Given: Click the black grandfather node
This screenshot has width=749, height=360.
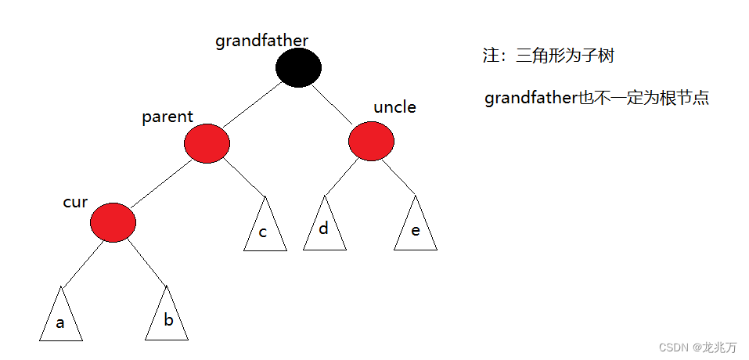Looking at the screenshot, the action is coord(298,67).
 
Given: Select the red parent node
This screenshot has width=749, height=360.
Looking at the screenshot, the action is coord(207,143).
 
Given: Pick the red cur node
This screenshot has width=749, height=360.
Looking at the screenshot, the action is coord(113,222).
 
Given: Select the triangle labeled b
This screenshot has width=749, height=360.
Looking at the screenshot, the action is coord(167,317).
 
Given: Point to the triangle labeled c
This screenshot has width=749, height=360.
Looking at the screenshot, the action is coord(265,229).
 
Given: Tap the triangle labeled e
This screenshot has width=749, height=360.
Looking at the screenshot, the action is coord(415,229).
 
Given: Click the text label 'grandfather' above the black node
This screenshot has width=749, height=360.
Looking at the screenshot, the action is coord(261,41).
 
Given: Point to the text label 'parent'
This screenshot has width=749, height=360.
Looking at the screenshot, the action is coord(167,117).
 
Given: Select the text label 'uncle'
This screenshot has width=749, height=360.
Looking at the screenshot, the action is coord(394,107).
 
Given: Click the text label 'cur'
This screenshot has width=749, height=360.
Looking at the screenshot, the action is coord(75,202).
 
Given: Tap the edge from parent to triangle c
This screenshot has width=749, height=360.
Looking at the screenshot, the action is coord(244,178).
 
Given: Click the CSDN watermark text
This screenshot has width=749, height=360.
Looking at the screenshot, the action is coord(697,347).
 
